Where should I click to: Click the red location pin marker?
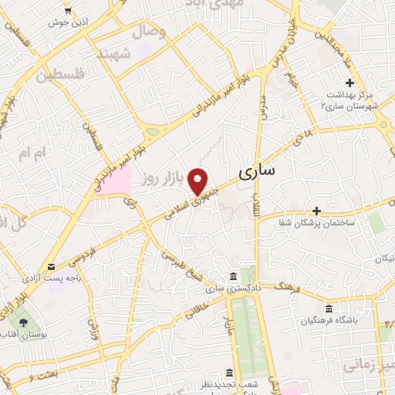tap(199, 181)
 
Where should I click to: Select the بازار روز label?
tap(160, 180)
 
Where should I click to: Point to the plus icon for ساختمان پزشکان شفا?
tap(316, 210)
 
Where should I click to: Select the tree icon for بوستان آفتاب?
tap(23, 322)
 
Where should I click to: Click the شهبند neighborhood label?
tap(111, 54)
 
